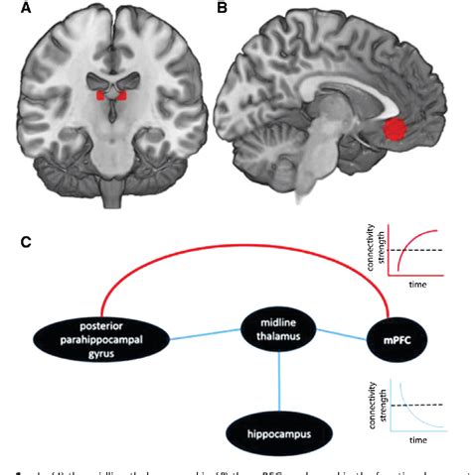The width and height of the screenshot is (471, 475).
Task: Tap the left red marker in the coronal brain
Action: point(99,97)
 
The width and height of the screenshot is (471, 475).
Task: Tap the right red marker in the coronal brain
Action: point(122,97)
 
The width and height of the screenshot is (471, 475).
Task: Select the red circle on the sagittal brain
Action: point(394,130)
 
